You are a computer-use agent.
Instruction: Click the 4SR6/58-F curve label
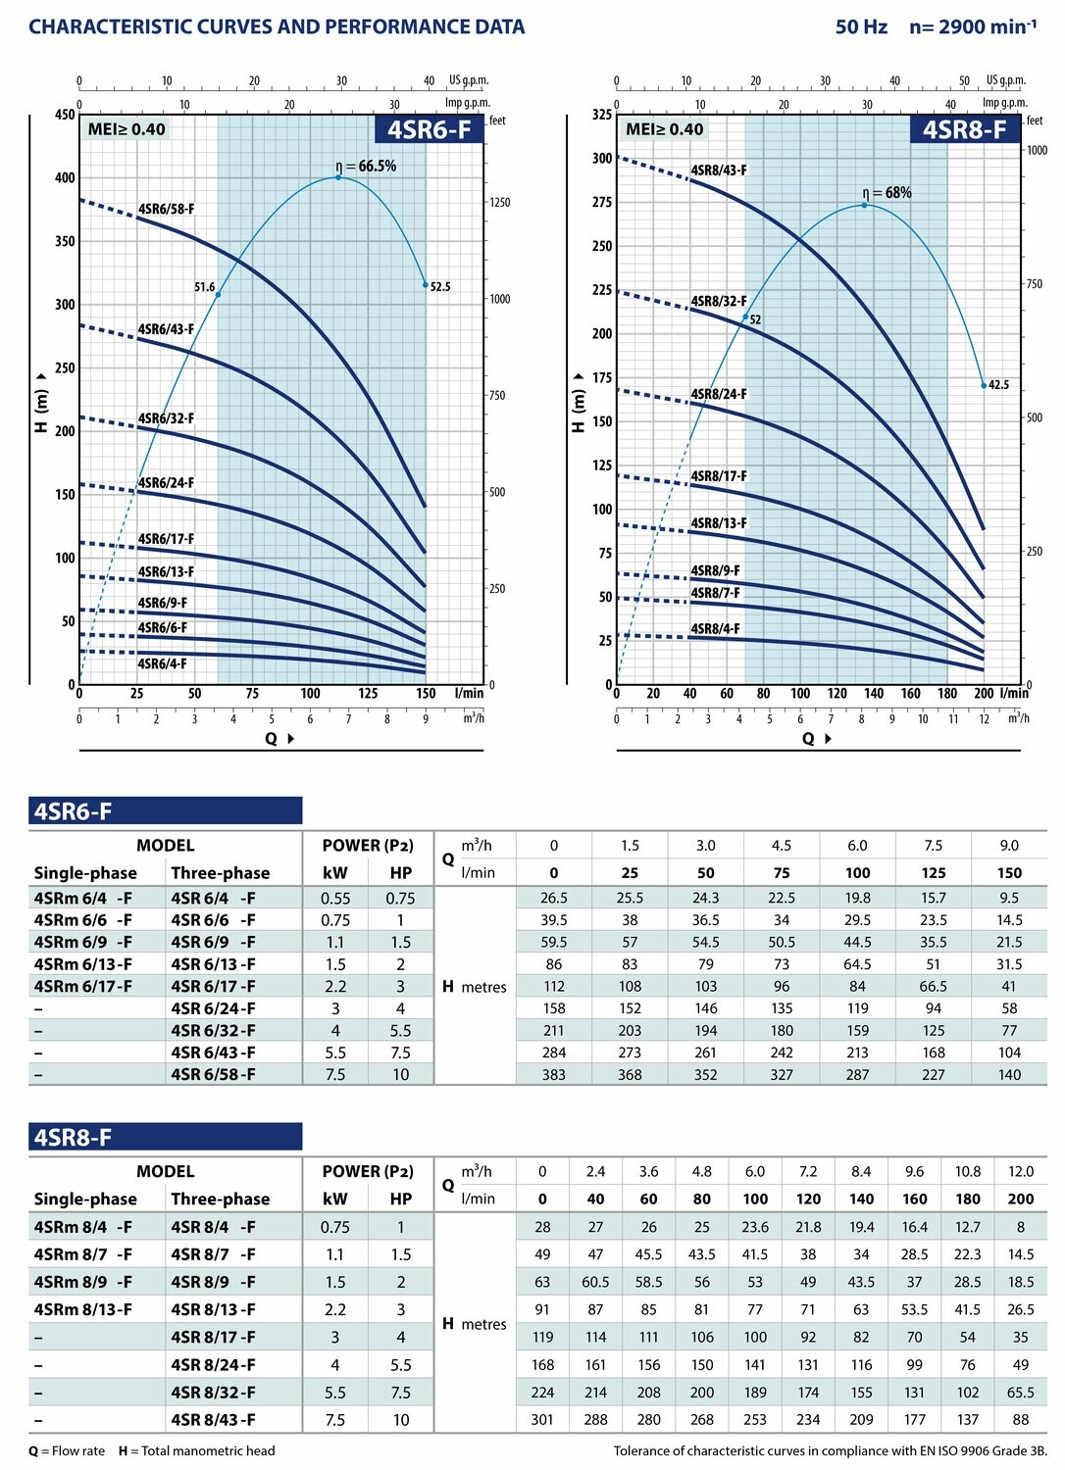point(166,209)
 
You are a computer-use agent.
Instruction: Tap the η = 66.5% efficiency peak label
point(366,167)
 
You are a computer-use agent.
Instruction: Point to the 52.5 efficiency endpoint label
point(440,287)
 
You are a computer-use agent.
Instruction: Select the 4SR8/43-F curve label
point(719,171)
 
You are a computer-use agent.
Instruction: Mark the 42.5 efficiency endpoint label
point(998,385)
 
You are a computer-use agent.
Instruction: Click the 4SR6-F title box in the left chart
point(429,130)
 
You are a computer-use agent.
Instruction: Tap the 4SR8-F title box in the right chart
point(964,130)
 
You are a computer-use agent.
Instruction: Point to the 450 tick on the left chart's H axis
point(65,115)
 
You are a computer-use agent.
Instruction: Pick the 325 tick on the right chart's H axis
point(602,115)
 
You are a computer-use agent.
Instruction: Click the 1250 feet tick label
point(500,203)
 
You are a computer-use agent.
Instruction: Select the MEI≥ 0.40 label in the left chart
point(127,129)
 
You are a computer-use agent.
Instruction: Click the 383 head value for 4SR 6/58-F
point(554,1074)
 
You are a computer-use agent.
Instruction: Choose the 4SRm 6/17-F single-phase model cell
point(82,986)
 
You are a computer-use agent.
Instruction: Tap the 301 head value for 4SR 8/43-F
point(542,1419)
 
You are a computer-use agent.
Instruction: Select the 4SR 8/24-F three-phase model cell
point(213,1364)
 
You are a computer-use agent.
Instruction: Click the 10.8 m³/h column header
point(968,1171)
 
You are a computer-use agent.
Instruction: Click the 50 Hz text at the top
point(861,27)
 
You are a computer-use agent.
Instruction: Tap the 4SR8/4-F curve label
point(716,629)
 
